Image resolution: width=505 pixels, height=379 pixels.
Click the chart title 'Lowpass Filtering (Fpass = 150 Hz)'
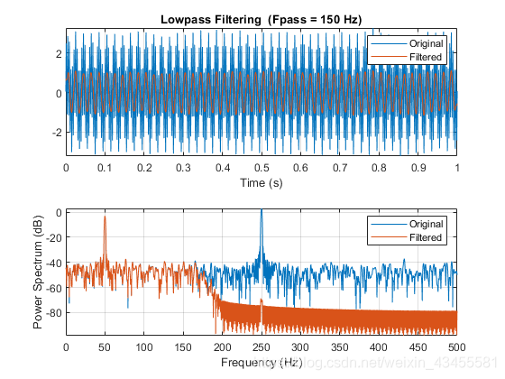tap(261, 19)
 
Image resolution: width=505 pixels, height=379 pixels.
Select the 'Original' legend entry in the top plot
tap(424, 43)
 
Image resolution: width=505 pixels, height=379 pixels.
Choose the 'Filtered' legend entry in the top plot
tap(424, 56)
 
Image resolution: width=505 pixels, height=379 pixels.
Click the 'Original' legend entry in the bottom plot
tap(424, 225)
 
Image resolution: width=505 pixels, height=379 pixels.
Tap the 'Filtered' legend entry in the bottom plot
tap(424, 237)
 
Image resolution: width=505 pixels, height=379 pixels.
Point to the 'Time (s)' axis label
tap(261, 183)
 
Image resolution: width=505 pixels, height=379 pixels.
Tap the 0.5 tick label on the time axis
tap(262, 168)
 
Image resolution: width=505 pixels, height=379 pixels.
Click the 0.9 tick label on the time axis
tap(418, 168)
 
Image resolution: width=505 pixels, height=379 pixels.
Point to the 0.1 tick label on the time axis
tap(105, 168)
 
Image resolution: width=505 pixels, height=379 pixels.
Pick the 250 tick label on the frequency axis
tap(262, 346)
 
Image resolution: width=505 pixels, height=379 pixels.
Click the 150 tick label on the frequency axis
tap(183, 346)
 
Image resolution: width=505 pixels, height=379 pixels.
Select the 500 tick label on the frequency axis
tap(456, 346)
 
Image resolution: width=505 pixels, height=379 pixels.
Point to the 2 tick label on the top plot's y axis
tap(57, 54)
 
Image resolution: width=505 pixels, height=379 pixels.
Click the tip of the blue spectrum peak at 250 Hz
tap(262, 210)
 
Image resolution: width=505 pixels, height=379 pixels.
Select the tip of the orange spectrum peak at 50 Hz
tap(105, 217)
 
